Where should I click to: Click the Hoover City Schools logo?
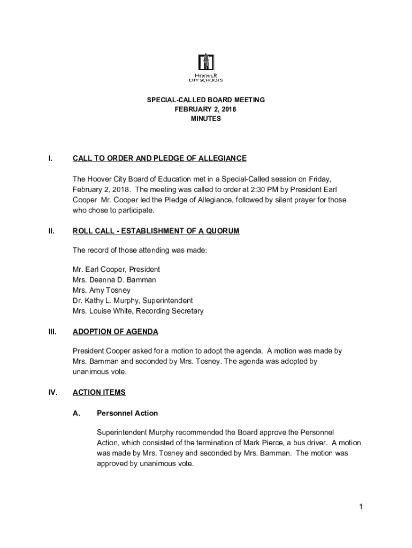click(x=206, y=67)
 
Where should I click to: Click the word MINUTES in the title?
click(x=206, y=119)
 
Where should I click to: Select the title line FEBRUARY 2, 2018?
click(x=206, y=109)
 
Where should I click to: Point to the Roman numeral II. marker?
click(x=51, y=231)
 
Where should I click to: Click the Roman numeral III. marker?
click(x=52, y=332)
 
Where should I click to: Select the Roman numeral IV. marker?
click(x=53, y=392)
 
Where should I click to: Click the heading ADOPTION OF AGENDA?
click(x=115, y=332)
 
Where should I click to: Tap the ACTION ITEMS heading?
click(x=99, y=392)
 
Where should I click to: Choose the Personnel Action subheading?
click(x=127, y=413)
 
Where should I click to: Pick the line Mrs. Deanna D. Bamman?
click(x=115, y=280)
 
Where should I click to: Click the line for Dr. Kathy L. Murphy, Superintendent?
click(x=133, y=301)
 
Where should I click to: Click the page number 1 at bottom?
click(x=362, y=506)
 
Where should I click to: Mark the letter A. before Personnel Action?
click(x=77, y=413)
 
